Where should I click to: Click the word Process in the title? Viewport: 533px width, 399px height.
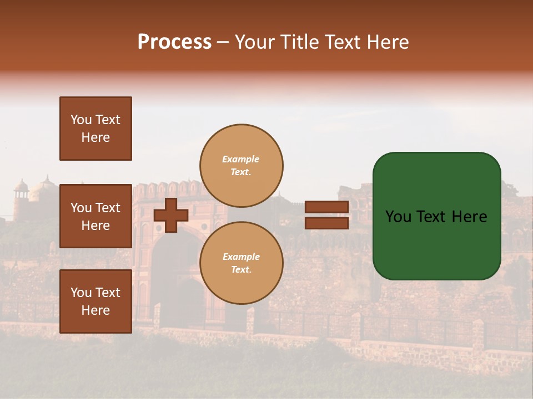174,42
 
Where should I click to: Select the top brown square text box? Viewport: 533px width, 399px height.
95,129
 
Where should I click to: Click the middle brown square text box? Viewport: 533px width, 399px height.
95,216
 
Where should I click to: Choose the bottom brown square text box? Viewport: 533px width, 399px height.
95,301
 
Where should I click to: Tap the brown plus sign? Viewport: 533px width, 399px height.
171,216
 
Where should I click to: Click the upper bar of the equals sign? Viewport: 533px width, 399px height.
326,207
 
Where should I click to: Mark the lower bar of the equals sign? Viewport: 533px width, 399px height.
326,223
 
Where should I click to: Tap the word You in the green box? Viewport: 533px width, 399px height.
398,217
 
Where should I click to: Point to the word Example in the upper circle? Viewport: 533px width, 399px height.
240,159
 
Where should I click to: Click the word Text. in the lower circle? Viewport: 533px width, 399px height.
241,270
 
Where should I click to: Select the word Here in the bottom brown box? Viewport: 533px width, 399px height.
95,310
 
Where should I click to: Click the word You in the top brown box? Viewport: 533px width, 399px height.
81,120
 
